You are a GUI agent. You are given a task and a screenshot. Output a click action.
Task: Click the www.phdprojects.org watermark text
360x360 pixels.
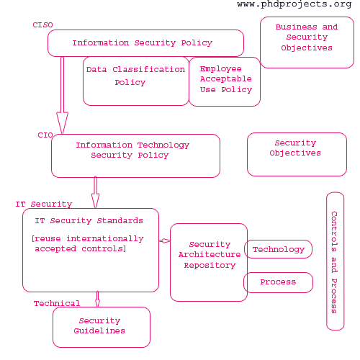pyautogui.click(x=294, y=4)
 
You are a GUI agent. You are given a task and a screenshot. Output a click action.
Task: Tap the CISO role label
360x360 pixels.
pyautogui.click(x=42, y=25)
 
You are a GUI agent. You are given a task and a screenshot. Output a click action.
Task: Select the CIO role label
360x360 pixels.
pyautogui.click(x=45, y=135)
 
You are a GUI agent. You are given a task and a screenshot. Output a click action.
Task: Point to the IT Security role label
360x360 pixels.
pyautogui.click(x=44, y=204)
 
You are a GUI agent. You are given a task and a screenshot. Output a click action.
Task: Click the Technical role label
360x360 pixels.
pyautogui.click(x=57, y=303)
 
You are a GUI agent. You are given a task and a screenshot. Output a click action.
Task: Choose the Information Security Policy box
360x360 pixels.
pyautogui.click(x=145, y=43)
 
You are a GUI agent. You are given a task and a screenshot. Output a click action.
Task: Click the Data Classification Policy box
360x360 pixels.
pyautogui.click(x=136, y=81)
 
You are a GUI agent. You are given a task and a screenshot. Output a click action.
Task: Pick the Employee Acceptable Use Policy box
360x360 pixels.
pyautogui.click(x=225, y=81)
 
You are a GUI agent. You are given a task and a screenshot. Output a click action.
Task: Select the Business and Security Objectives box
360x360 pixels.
pyautogui.click(x=307, y=42)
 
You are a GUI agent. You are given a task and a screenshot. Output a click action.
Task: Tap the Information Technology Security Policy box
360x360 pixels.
pyautogui.click(x=135, y=156)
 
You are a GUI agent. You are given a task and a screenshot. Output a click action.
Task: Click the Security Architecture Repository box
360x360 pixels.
pyautogui.click(x=209, y=262)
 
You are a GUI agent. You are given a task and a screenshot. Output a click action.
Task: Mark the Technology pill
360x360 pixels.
pyautogui.click(x=278, y=249)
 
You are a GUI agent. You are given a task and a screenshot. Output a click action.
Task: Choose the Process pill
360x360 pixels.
pyautogui.click(x=278, y=282)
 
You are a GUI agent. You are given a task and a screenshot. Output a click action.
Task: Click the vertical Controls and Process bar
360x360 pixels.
pyautogui.click(x=336, y=261)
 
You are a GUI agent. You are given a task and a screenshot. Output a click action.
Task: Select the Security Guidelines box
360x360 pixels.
pyautogui.click(x=102, y=327)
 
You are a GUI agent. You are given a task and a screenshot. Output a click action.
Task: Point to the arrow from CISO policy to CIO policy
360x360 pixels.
pyautogui.click(x=62, y=95)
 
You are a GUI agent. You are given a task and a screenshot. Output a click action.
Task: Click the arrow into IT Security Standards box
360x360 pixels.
pyautogui.click(x=95, y=192)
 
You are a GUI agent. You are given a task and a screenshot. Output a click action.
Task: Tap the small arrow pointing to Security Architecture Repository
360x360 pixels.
pyautogui.click(x=165, y=240)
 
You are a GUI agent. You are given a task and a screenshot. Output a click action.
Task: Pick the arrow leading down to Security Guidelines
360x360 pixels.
pyautogui.click(x=97, y=299)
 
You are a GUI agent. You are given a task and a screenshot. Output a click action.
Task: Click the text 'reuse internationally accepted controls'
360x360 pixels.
pyautogui.click(x=88, y=243)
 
